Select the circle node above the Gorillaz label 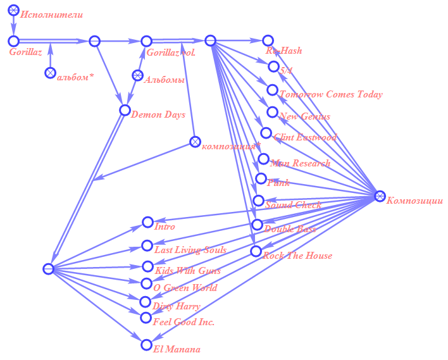[x=14, y=41]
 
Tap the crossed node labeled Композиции [x=380, y=196]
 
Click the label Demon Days [x=158, y=115]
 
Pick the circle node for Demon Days [x=125, y=110]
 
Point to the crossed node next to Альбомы [x=137, y=76]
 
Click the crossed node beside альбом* [x=50, y=73]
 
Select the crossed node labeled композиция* [x=196, y=142]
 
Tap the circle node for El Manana [x=147, y=345]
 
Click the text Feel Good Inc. [x=184, y=322]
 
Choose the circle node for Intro [x=148, y=223]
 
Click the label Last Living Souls [x=190, y=250]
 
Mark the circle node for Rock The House [x=256, y=251]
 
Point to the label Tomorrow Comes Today [x=331, y=94]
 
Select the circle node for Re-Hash [x=268, y=41]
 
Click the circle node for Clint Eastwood [x=266, y=133]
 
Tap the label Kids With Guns [x=188, y=271]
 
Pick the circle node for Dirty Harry [x=146, y=302]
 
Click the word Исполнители [x=51, y=14]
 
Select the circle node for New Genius [x=272, y=112]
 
